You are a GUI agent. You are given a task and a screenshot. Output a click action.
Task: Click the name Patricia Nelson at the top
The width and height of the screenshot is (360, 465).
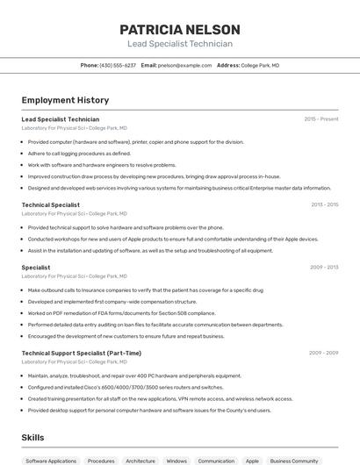click(x=180, y=29)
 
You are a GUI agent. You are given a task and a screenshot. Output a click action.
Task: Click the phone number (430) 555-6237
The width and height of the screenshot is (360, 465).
click(x=118, y=65)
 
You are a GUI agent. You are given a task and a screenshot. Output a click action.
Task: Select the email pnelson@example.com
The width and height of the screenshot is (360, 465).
click(x=184, y=65)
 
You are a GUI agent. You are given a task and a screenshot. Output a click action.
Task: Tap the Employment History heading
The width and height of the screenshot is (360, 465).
click(x=65, y=101)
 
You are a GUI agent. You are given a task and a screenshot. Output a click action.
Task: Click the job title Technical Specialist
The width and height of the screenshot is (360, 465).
click(x=50, y=204)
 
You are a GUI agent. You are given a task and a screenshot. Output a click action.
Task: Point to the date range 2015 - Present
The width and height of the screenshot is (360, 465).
click(x=321, y=118)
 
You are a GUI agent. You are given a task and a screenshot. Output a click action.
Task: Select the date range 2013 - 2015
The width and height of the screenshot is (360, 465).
click(x=324, y=204)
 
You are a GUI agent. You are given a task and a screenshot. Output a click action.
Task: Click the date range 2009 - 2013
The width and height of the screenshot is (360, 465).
click(x=324, y=267)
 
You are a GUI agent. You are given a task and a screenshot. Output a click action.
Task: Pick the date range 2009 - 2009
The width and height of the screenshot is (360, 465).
click(x=323, y=353)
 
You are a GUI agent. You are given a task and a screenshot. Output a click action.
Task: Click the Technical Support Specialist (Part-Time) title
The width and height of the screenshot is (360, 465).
click(x=81, y=353)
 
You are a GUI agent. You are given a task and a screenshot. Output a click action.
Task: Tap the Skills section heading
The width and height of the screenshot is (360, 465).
click(x=32, y=438)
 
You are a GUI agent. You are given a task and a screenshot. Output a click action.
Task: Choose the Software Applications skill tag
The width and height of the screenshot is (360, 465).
click(x=51, y=461)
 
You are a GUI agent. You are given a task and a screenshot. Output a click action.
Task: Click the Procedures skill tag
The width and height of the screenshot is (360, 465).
click(x=101, y=461)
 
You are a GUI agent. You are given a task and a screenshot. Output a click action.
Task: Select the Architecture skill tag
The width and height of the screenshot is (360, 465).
click(x=140, y=461)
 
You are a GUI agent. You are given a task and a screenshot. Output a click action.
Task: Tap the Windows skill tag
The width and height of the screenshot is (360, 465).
click(x=176, y=461)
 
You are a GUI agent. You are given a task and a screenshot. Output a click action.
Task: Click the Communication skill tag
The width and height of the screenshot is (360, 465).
click(x=216, y=461)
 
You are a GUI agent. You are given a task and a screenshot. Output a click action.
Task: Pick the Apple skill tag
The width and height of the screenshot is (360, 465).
click(x=252, y=461)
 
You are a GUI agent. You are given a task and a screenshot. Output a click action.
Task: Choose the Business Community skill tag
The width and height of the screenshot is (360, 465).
click(x=294, y=461)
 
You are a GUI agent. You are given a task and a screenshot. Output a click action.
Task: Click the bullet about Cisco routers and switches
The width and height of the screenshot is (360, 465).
click(x=126, y=387)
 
